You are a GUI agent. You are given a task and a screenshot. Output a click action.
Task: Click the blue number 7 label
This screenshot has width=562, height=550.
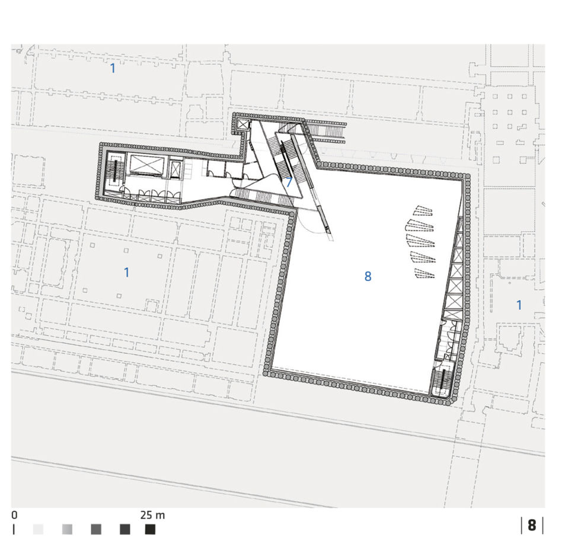click(x=289, y=182)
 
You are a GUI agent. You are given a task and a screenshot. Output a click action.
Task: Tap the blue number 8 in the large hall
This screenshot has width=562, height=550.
click(x=368, y=276)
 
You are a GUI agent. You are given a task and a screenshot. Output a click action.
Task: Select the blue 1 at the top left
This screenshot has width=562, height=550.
click(x=113, y=68)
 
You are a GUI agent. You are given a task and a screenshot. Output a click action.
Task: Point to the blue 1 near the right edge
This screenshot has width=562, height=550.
click(x=519, y=305)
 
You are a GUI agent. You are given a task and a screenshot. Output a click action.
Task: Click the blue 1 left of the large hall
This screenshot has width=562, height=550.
click(x=126, y=272)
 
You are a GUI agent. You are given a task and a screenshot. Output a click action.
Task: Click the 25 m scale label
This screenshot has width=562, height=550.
click(x=152, y=515)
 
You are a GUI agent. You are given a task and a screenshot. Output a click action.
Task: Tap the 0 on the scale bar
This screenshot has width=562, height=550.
click(x=14, y=515)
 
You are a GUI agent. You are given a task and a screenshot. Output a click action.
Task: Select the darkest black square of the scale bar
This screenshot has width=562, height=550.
click(x=150, y=529)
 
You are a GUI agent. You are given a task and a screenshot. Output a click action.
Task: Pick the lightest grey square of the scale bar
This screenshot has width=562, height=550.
click(x=38, y=529)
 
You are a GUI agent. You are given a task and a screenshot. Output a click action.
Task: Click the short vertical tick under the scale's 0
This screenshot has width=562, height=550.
click(x=14, y=529)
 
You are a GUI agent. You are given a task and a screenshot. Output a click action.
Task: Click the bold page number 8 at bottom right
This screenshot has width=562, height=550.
click(x=532, y=525)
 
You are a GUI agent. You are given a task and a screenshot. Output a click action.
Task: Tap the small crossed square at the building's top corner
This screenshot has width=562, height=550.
click(x=243, y=124)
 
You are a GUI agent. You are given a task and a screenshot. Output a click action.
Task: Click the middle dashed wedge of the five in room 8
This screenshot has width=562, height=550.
click(x=420, y=239)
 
